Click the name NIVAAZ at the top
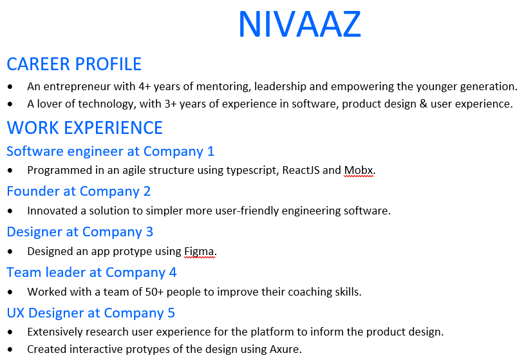[x=300, y=24]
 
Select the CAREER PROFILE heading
[x=74, y=64]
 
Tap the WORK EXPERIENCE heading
[x=85, y=128]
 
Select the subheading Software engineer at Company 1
[x=110, y=151]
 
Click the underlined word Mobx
[x=359, y=171]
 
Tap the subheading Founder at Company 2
[x=79, y=191]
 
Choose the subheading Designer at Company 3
[x=80, y=232]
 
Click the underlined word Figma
[x=199, y=251]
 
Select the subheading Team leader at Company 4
[x=91, y=272]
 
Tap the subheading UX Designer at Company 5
[x=91, y=313]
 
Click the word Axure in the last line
[x=285, y=349]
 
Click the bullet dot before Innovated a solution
[x=10, y=211]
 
